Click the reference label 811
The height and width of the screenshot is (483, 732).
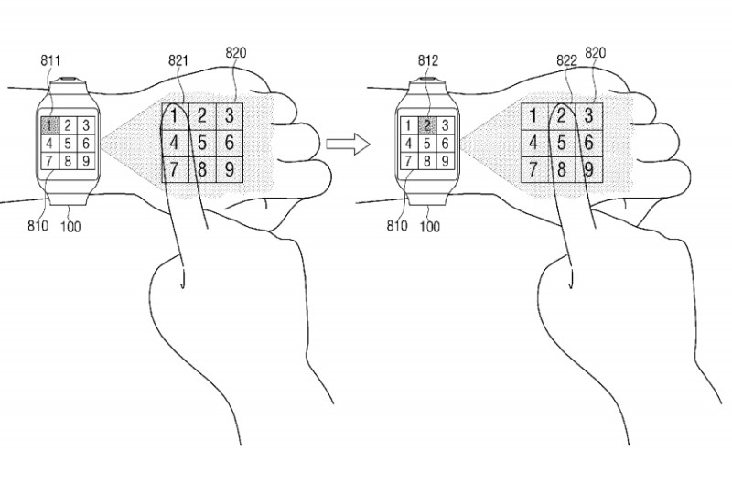[x=50, y=60]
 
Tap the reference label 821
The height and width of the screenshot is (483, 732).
[x=178, y=60]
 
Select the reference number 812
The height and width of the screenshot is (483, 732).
[x=428, y=60]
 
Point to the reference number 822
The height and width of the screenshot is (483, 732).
[x=566, y=60]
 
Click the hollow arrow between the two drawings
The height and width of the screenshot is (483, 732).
[x=348, y=144]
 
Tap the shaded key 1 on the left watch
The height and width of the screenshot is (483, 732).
[x=49, y=125]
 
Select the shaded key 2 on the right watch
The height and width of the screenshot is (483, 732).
[x=427, y=125]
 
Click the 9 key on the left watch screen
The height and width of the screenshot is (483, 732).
[x=86, y=161]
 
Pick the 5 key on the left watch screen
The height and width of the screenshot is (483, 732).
[x=68, y=144]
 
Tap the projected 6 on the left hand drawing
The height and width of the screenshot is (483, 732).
[x=230, y=143]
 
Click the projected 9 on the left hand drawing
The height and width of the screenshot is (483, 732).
[x=230, y=169]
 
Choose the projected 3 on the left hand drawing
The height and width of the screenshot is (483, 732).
[x=230, y=116]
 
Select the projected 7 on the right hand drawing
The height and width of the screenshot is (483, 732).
[x=533, y=169]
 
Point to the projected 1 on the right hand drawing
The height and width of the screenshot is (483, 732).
[x=533, y=116]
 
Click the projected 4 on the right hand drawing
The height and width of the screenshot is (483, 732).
[x=533, y=143]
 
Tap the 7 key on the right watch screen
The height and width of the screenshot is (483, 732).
[x=409, y=161]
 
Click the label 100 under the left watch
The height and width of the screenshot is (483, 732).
[x=70, y=227]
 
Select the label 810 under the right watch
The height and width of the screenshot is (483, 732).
[x=397, y=226]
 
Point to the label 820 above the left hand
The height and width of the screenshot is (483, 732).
[x=236, y=53]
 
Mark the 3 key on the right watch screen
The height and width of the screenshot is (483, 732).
[x=446, y=125]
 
